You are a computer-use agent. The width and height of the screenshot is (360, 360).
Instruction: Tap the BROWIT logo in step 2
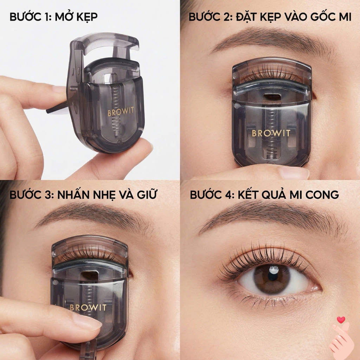coord(271,133)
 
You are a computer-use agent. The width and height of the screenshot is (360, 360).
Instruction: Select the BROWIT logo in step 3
coord(88,308)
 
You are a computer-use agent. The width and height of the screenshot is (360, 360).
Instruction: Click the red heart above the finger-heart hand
coord(341,320)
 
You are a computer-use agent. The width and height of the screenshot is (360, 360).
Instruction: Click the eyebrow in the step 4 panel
coord(267,218)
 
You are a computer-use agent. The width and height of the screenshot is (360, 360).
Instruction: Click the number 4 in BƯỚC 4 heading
coord(230,194)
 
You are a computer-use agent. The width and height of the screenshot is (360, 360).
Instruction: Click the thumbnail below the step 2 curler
coord(294,173)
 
